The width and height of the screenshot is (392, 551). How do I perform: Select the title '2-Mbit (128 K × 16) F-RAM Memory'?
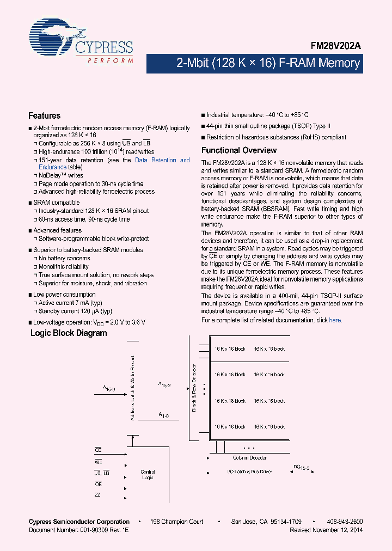[268, 63]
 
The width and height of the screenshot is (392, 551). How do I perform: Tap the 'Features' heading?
[44, 115]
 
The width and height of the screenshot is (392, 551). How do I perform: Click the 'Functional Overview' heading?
[239, 150]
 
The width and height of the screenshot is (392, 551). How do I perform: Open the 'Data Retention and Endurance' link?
[162, 161]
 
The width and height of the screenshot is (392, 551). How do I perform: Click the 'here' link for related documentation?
[335, 320]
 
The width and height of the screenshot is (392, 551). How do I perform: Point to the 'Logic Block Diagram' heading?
[68, 333]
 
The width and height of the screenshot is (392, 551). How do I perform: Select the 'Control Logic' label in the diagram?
[148, 475]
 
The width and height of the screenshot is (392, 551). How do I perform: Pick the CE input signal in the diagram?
[98, 450]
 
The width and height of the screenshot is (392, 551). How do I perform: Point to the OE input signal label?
[98, 484]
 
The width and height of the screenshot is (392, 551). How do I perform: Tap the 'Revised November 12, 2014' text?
[326, 530]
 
